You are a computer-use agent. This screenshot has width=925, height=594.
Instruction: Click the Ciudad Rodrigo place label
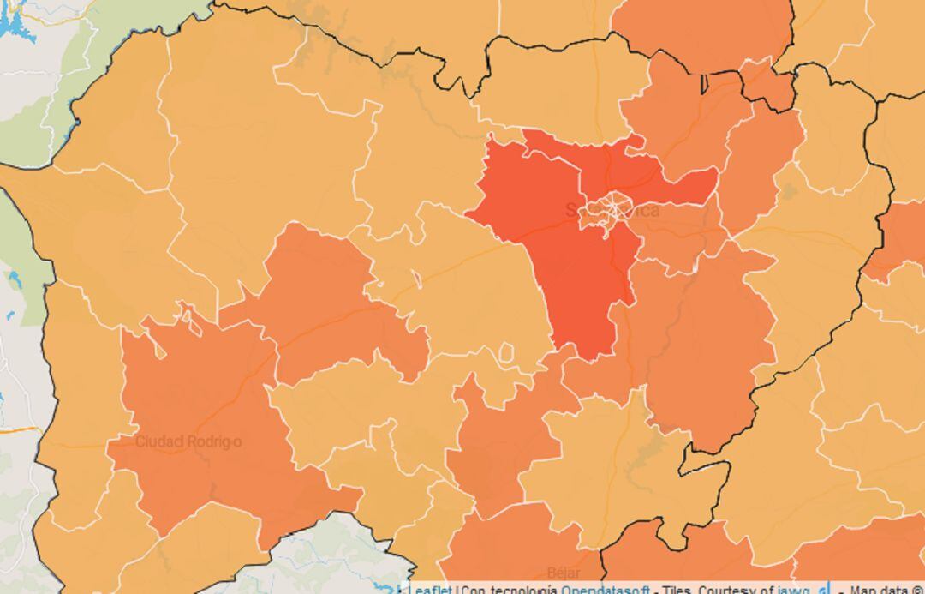pos(188,441)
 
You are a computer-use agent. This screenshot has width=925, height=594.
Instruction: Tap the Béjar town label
pos(564,572)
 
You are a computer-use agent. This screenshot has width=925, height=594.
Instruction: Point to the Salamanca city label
pos(612,210)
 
